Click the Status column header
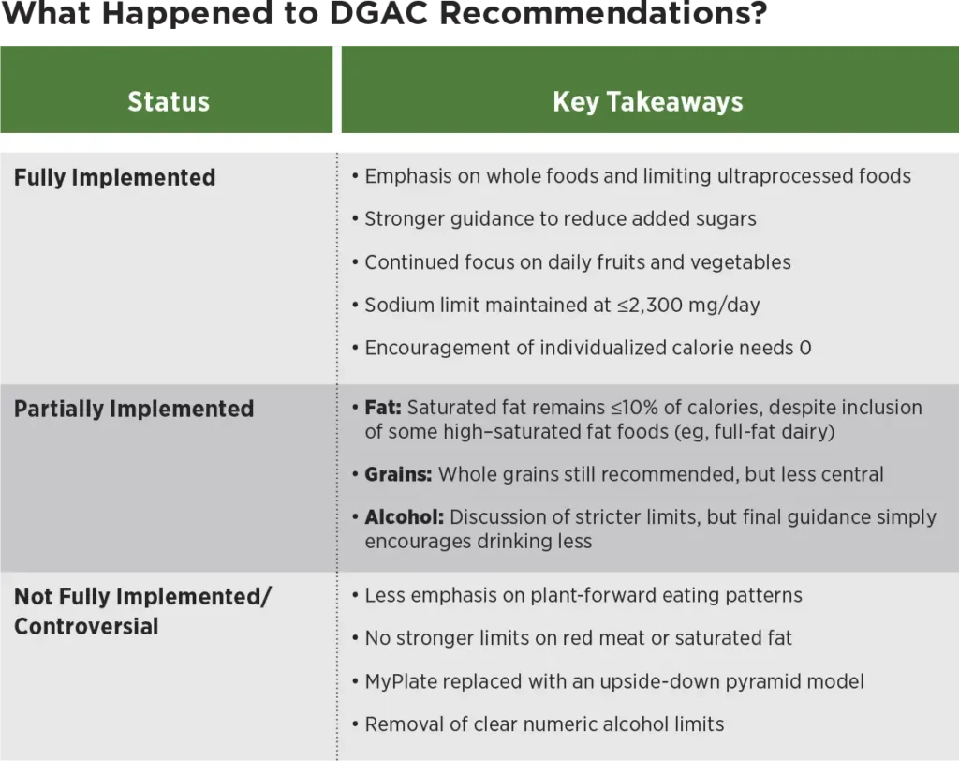point(169,101)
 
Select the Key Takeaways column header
point(648,101)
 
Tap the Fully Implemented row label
point(115,177)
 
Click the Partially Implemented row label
point(134,409)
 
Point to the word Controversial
point(86,626)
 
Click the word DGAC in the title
point(378,13)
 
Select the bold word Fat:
point(383,407)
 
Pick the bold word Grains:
point(398,474)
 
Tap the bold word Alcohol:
point(405,517)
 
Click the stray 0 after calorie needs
point(805,348)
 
